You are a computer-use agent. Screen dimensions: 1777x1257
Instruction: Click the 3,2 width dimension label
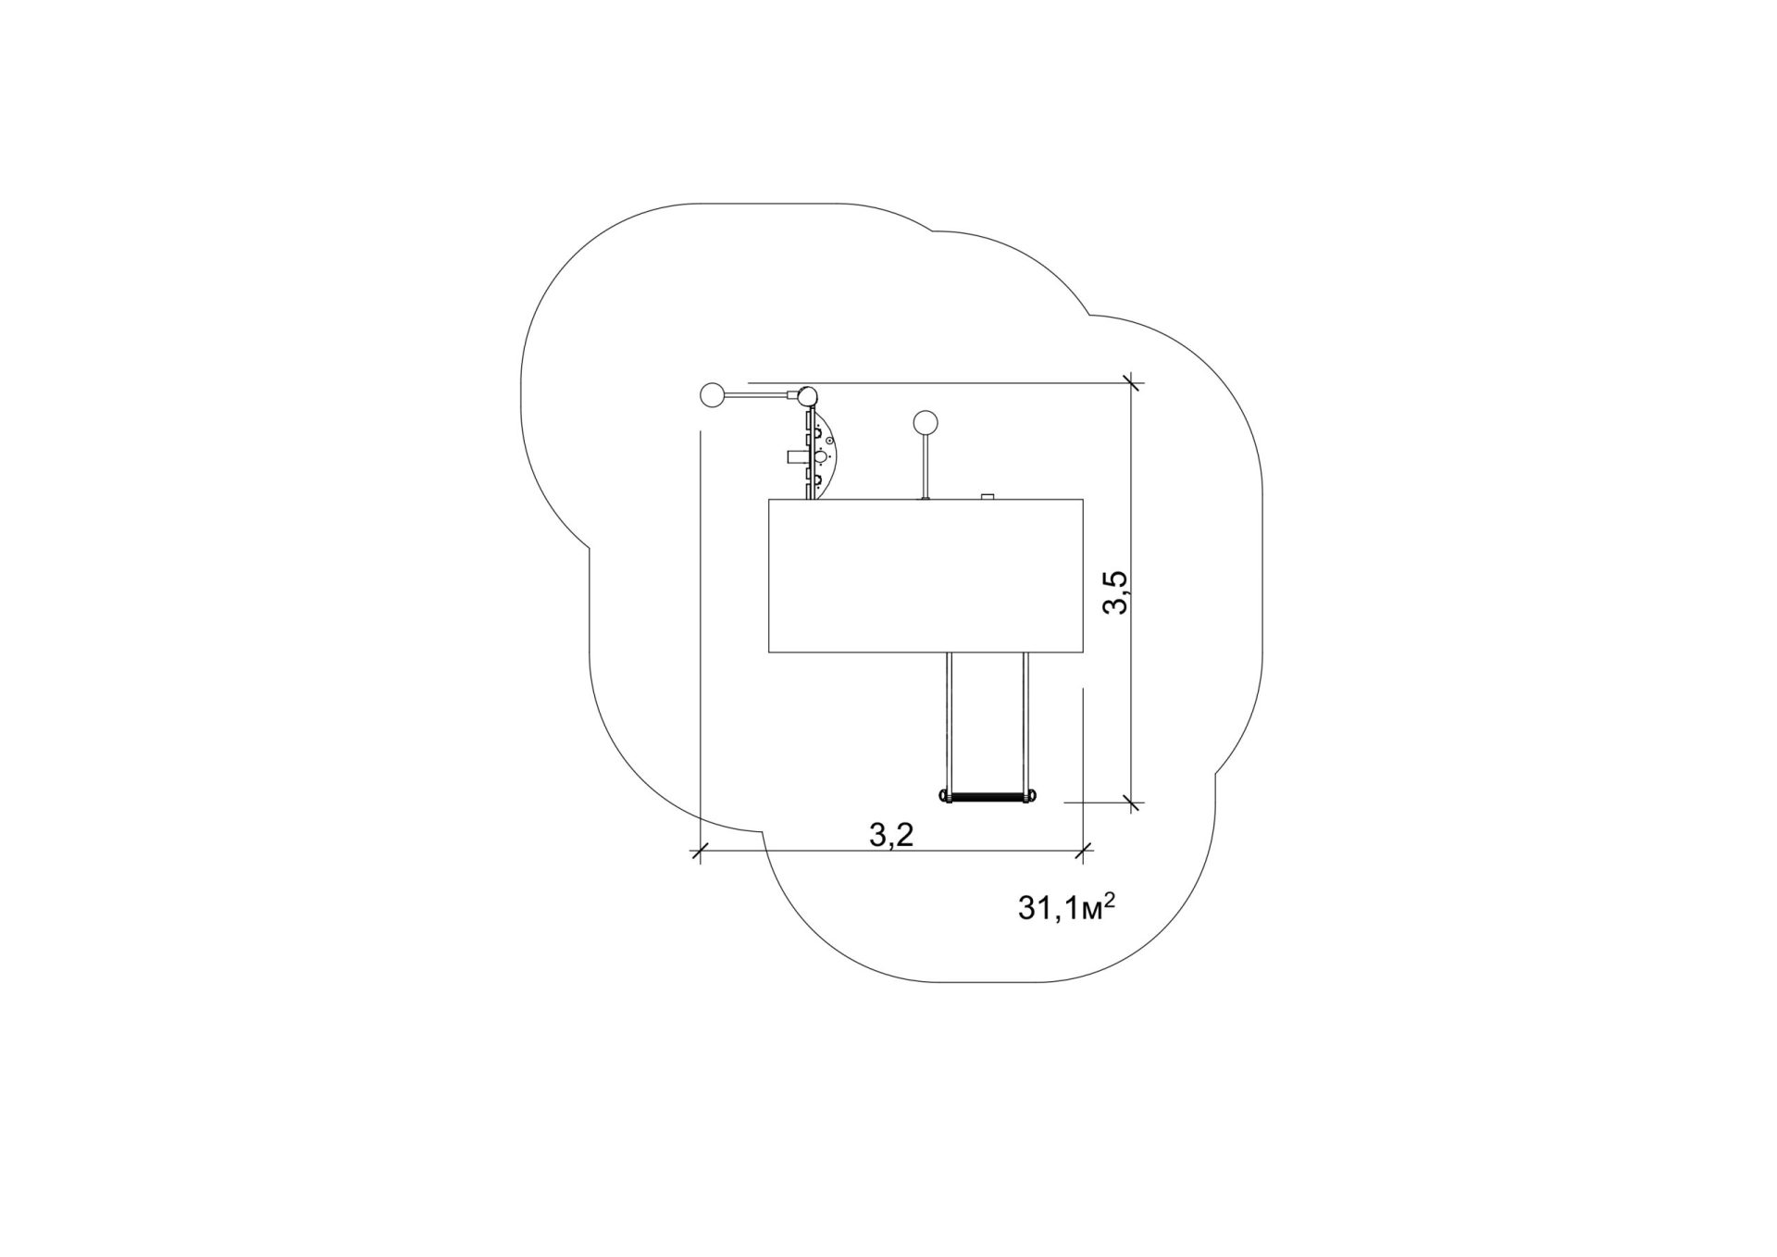[x=891, y=835]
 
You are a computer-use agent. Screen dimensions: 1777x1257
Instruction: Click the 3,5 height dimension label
[x=1114, y=592]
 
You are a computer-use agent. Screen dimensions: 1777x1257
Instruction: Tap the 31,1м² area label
[x=1065, y=908]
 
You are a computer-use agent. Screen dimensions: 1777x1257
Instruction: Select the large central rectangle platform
[x=926, y=576]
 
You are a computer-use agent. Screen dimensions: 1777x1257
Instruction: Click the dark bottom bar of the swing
[x=988, y=796]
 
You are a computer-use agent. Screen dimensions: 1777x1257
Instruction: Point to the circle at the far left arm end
[x=713, y=395]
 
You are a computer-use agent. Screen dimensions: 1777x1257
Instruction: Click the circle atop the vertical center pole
[x=925, y=423]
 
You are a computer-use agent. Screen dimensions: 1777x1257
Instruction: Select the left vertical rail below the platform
[x=949, y=721]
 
